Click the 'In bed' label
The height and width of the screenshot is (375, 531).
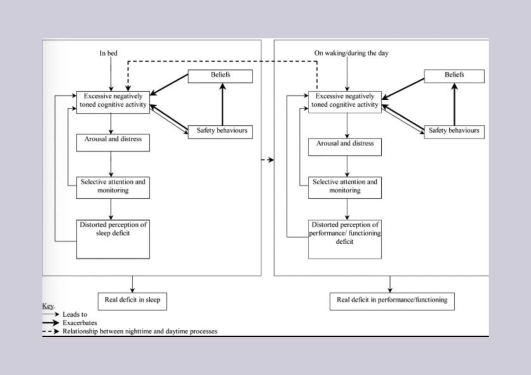[x=108, y=53]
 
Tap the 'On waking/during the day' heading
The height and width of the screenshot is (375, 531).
[x=351, y=53]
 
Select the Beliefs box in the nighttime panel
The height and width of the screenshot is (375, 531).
[x=220, y=76]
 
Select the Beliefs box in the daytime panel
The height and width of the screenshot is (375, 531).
[x=454, y=76]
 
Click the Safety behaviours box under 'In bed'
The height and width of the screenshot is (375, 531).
[x=220, y=132]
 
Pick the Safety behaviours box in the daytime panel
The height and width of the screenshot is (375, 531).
[x=454, y=132]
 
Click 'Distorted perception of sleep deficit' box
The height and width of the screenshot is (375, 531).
[x=113, y=239]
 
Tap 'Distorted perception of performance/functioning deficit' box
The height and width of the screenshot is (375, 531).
[x=345, y=239]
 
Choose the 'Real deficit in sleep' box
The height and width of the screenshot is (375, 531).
[x=132, y=301]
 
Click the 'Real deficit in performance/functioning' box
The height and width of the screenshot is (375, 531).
[x=392, y=301]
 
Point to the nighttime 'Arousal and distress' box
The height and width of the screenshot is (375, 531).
[x=113, y=143]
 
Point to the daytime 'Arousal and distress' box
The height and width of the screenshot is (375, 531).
[x=345, y=147]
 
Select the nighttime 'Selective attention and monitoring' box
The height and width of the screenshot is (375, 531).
[x=113, y=187]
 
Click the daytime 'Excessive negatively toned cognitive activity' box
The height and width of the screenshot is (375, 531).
[x=345, y=102]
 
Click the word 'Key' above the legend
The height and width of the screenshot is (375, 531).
[x=48, y=306]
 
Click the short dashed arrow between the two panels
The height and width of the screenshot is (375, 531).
[x=268, y=160]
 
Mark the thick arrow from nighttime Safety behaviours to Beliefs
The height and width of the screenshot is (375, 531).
[x=222, y=104]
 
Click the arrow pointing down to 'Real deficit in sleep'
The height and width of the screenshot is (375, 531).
[x=132, y=284]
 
